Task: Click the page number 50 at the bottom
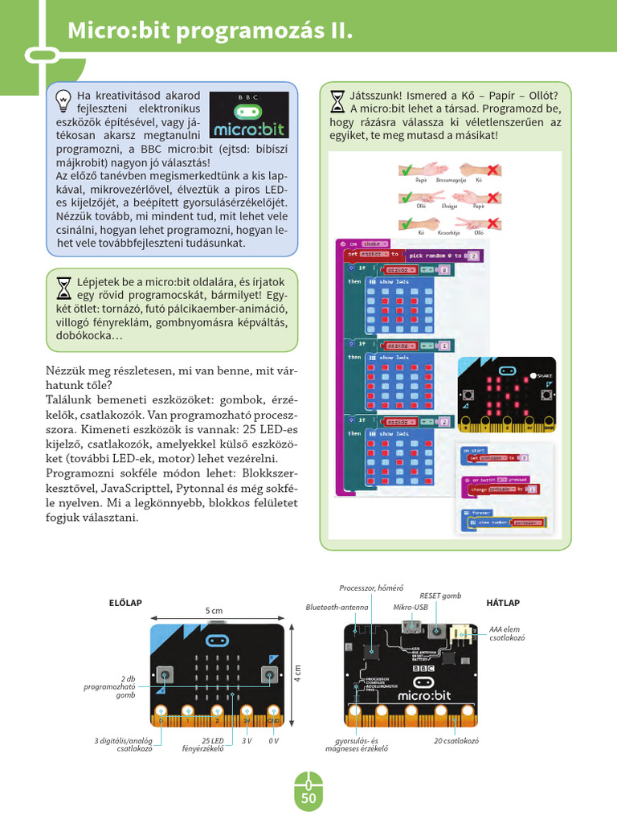[x=308, y=798]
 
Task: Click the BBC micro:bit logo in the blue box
[x=247, y=113]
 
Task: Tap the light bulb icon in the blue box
[x=63, y=100]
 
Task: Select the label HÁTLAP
[x=503, y=602]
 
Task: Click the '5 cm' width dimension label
[x=214, y=611]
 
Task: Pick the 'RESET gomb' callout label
[x=440, y=596]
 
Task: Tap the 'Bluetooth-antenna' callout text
[x=337, y=607]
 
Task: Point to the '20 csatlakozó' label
[x=456, y=740]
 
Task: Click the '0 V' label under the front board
[x=274, y=740]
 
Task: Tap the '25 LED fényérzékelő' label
[x=212, y=745]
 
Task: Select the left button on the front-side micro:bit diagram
[x=165, y=673]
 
